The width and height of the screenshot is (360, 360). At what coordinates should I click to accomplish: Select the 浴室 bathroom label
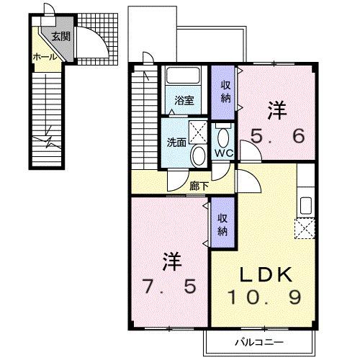184,101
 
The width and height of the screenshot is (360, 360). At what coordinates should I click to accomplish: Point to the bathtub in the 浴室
184,78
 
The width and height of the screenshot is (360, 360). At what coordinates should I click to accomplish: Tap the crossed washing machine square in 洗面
199,129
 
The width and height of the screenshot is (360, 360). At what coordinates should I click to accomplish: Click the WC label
222,153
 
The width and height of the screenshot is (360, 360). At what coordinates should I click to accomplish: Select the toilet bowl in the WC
223,136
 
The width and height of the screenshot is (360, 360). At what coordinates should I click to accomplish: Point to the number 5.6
277,135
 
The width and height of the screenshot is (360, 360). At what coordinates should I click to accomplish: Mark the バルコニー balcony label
256,341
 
